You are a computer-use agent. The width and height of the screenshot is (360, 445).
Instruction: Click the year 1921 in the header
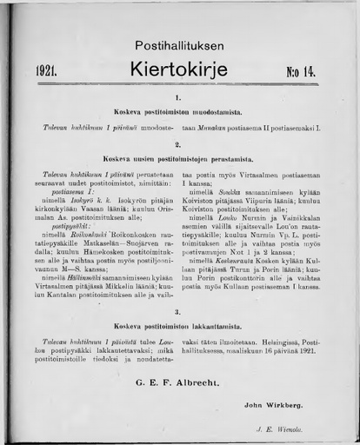pos(47,70)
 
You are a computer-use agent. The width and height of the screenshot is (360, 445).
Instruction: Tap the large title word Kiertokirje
pos(178,67)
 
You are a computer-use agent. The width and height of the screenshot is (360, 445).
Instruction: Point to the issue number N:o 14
pos(301,70)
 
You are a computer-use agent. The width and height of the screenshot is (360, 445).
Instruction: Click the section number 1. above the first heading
pos(177,99)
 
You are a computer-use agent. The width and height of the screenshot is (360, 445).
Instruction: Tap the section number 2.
pos(177,144)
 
